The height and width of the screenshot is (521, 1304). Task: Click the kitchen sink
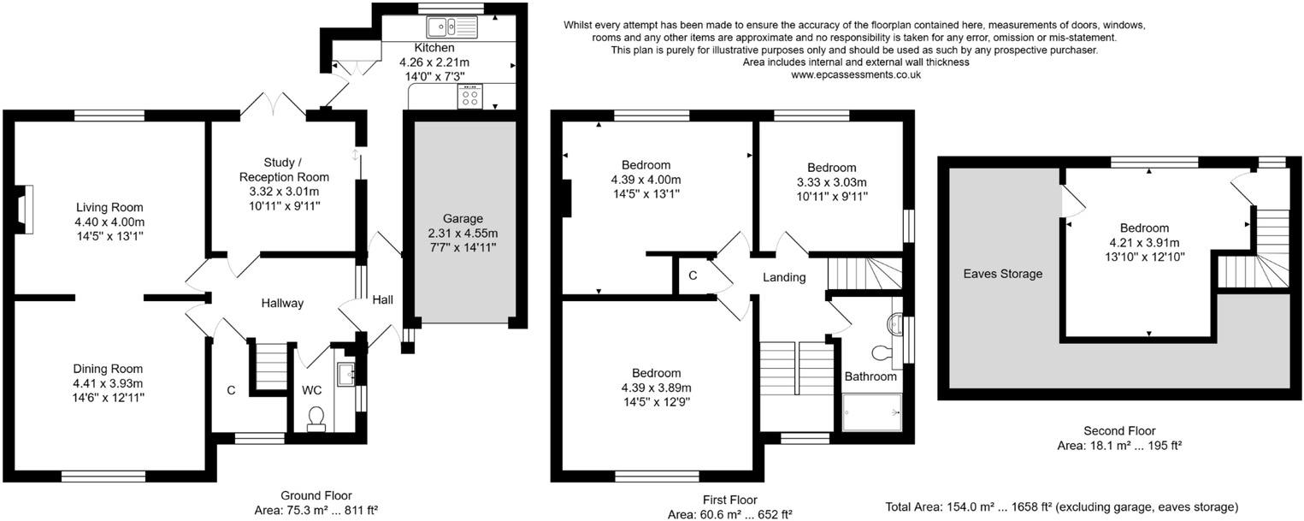click(451, 27)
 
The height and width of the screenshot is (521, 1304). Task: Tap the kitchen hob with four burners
click(469, 96)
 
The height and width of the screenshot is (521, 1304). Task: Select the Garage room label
click(463, 218)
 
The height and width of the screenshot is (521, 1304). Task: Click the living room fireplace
click(24, 210)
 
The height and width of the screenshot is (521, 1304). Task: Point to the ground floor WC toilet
click(316, 419)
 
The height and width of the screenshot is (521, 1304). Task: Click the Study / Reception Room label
click(284, 169)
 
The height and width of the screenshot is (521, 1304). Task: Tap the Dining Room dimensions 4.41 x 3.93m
click(108, 383)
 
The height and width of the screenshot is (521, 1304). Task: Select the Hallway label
click(282, 303)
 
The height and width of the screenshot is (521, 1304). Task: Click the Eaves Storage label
click(1002, 274)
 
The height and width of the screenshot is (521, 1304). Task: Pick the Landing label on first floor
click(784, 277)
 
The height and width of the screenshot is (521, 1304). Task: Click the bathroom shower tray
click(872, 412)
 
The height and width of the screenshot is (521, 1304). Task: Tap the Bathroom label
click(870, 376)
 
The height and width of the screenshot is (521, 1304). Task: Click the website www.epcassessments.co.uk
click(856, 74)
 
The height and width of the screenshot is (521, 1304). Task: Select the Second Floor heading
click(1119, 431)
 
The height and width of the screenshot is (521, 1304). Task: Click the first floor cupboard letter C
click(693, 275)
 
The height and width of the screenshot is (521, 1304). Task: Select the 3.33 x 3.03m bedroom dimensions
click(831, 182)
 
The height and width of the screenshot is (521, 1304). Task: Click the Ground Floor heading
click(316, 495)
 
